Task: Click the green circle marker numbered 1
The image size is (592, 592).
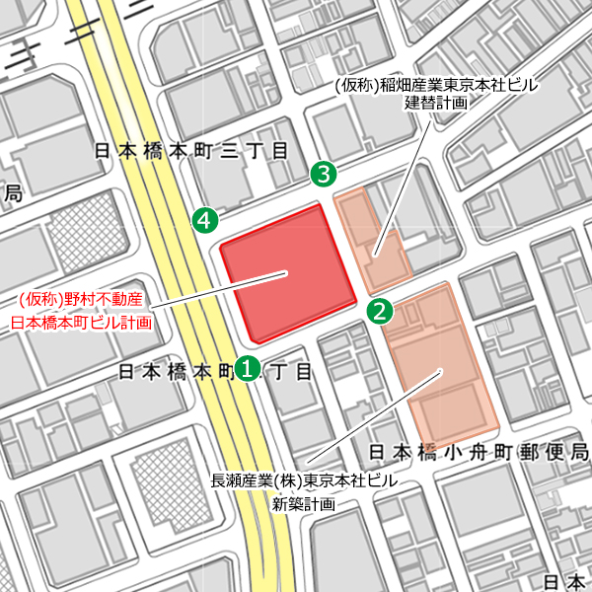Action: point(248,368)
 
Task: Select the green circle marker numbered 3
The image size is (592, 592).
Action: point(324,174)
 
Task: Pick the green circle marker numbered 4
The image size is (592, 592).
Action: point(204,220)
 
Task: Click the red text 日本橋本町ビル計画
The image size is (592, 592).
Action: point(81,322)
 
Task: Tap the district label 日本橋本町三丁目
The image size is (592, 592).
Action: point(189,151)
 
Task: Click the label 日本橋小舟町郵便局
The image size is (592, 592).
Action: point(479,451)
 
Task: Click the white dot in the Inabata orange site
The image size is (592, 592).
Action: point(375,256)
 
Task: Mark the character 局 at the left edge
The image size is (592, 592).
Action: point(13,193)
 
